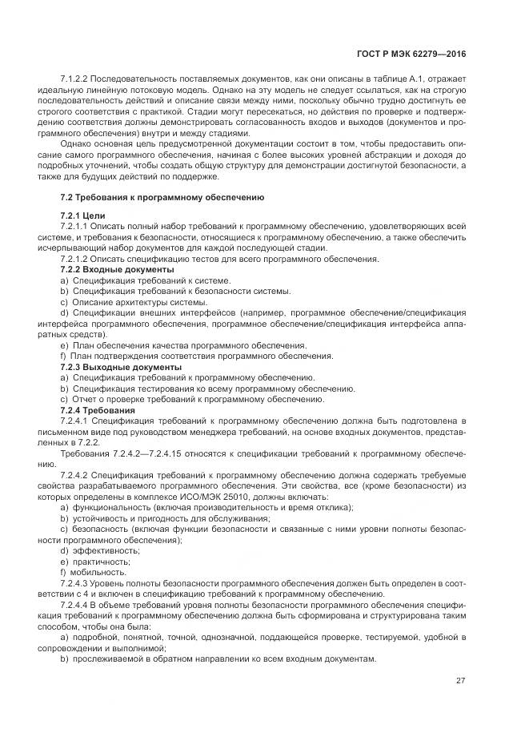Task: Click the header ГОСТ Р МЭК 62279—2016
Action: point(416,53)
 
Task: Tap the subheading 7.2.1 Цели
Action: point(82,217)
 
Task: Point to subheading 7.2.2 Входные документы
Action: point(117,268)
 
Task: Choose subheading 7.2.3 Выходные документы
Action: point(120,367)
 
